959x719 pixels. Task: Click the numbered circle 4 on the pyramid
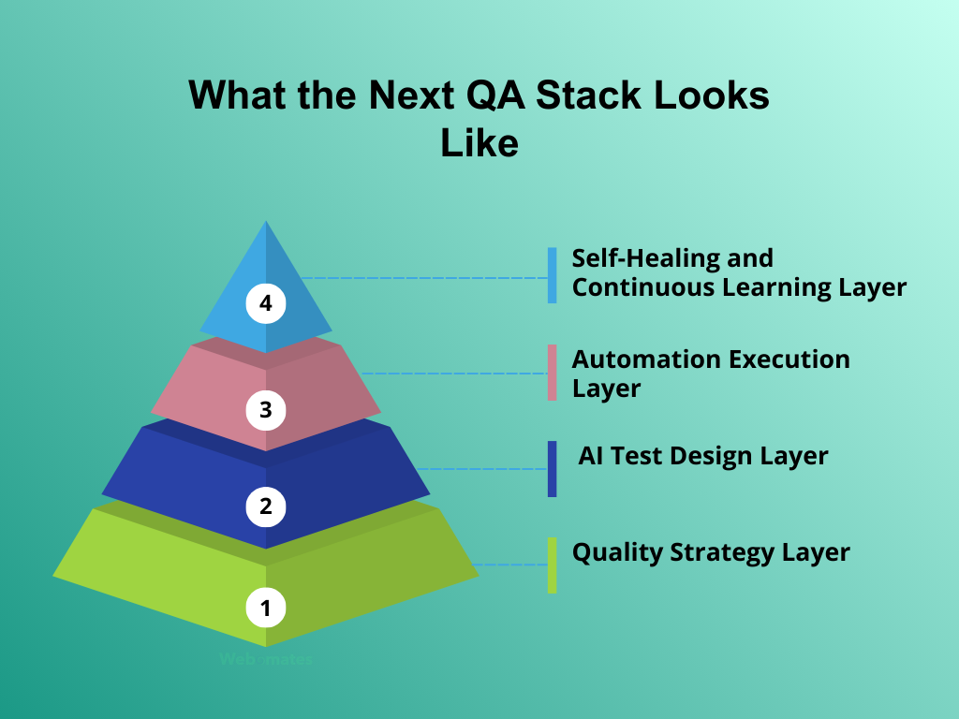coord(266,304)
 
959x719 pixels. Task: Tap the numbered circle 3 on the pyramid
coord(266,409)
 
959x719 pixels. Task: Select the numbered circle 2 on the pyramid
coord(266,507)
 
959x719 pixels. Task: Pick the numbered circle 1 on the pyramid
coord(266,609)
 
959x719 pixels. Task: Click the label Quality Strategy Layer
coord(711,552)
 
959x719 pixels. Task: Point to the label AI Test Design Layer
coord(702,456)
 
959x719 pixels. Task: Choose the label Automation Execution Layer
coord(711,373)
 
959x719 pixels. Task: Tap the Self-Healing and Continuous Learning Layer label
coord(739,272)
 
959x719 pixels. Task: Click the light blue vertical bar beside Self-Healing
coord(553,275)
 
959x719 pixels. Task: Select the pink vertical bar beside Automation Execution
coord(553,373)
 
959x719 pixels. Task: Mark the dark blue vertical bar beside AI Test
coord(553,468)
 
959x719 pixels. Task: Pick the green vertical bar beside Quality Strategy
coord(553,565)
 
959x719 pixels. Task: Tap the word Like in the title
coord(479,142)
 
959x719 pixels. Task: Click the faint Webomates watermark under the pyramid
coord(266,660)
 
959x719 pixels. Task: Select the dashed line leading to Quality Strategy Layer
coord(510,565)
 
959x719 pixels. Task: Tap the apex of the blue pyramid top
coord(266,225)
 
